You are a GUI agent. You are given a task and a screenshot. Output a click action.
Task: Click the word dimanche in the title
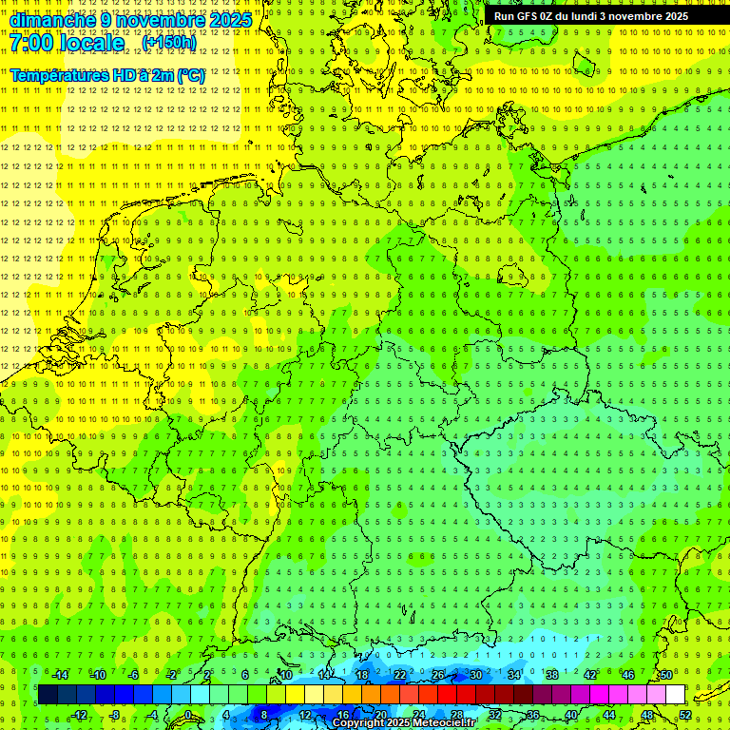[52, 20]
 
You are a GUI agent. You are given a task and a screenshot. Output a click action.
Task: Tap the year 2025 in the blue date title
[229, 20]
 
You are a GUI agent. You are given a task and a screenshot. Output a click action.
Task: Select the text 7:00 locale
[67, 44]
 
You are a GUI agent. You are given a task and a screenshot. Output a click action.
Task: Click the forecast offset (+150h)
[168, 43]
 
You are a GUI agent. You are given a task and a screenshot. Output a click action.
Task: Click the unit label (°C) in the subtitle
[189, 75]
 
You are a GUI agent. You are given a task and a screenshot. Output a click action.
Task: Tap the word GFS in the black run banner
[528, 16]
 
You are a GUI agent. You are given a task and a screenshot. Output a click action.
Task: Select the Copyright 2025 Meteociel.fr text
[404, 723]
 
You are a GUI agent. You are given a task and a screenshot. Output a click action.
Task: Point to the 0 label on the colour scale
[188, 715]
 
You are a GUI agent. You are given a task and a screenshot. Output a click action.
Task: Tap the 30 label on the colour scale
[475, 675]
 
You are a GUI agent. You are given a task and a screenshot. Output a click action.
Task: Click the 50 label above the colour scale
[666, 675]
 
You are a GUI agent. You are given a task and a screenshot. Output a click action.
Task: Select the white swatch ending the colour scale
[675, 695]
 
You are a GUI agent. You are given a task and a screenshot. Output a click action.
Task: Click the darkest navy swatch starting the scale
[48, 695]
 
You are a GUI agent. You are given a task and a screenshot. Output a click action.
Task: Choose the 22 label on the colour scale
[400, 675]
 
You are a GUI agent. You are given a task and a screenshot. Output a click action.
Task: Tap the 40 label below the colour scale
[571, 715]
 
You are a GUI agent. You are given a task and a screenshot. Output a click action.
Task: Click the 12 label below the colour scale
[305, 715]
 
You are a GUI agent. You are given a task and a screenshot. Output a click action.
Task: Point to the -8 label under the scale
[115, 715]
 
